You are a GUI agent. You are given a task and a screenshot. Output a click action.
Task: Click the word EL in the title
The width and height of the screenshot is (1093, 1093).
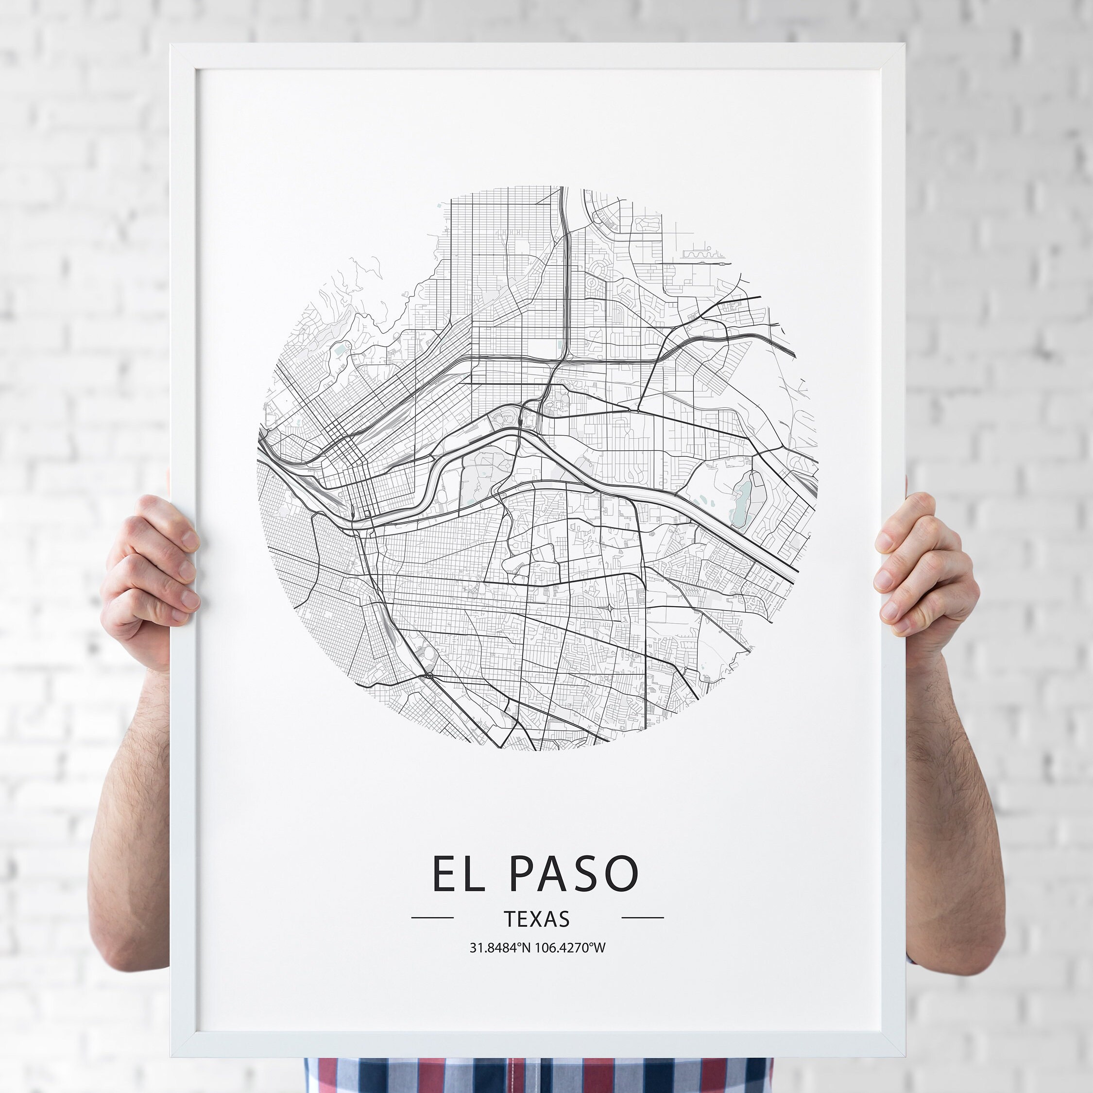tap(458, 874)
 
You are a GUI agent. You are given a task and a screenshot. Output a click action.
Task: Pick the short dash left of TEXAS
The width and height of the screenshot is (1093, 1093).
tap(432, 918)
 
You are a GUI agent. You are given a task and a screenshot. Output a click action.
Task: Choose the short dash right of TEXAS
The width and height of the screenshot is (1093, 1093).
tap(642, 918)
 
